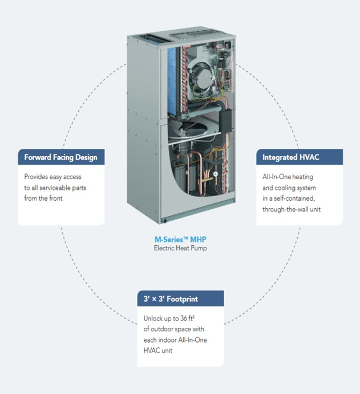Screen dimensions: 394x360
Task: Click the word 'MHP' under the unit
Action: (x=197, y=240)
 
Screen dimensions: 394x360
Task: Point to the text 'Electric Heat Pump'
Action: (x=180, y=248)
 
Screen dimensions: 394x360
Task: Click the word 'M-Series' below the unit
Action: (x=171, y=240)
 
